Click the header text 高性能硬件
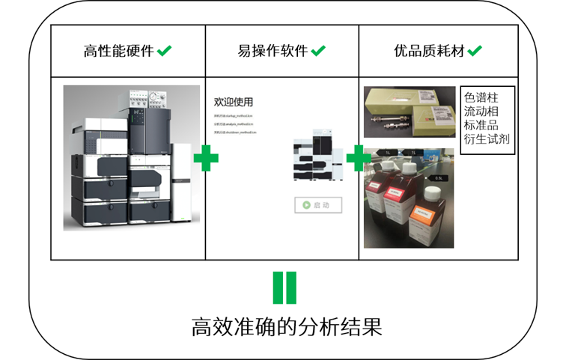[118, 52]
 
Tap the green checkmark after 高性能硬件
[165, 51]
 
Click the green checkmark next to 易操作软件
[318, 51]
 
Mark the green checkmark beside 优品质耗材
[475, 51]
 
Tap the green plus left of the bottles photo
[359, 158]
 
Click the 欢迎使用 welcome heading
[234, 102]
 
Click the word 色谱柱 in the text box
[481, 97]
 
